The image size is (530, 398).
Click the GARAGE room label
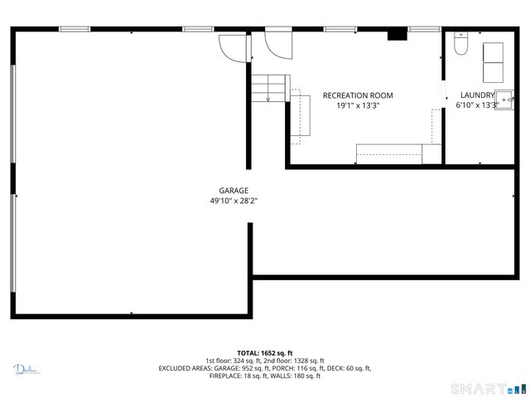coord(234,191)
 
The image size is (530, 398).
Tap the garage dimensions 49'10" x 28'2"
coord(234,201)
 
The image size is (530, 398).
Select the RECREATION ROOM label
coord(358,95)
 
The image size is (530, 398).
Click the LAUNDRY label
coord(477,95)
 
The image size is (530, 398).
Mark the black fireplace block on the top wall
coord(398,35)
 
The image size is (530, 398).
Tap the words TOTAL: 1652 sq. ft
coord(265,353)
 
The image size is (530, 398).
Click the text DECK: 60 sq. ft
coord(349,368)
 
